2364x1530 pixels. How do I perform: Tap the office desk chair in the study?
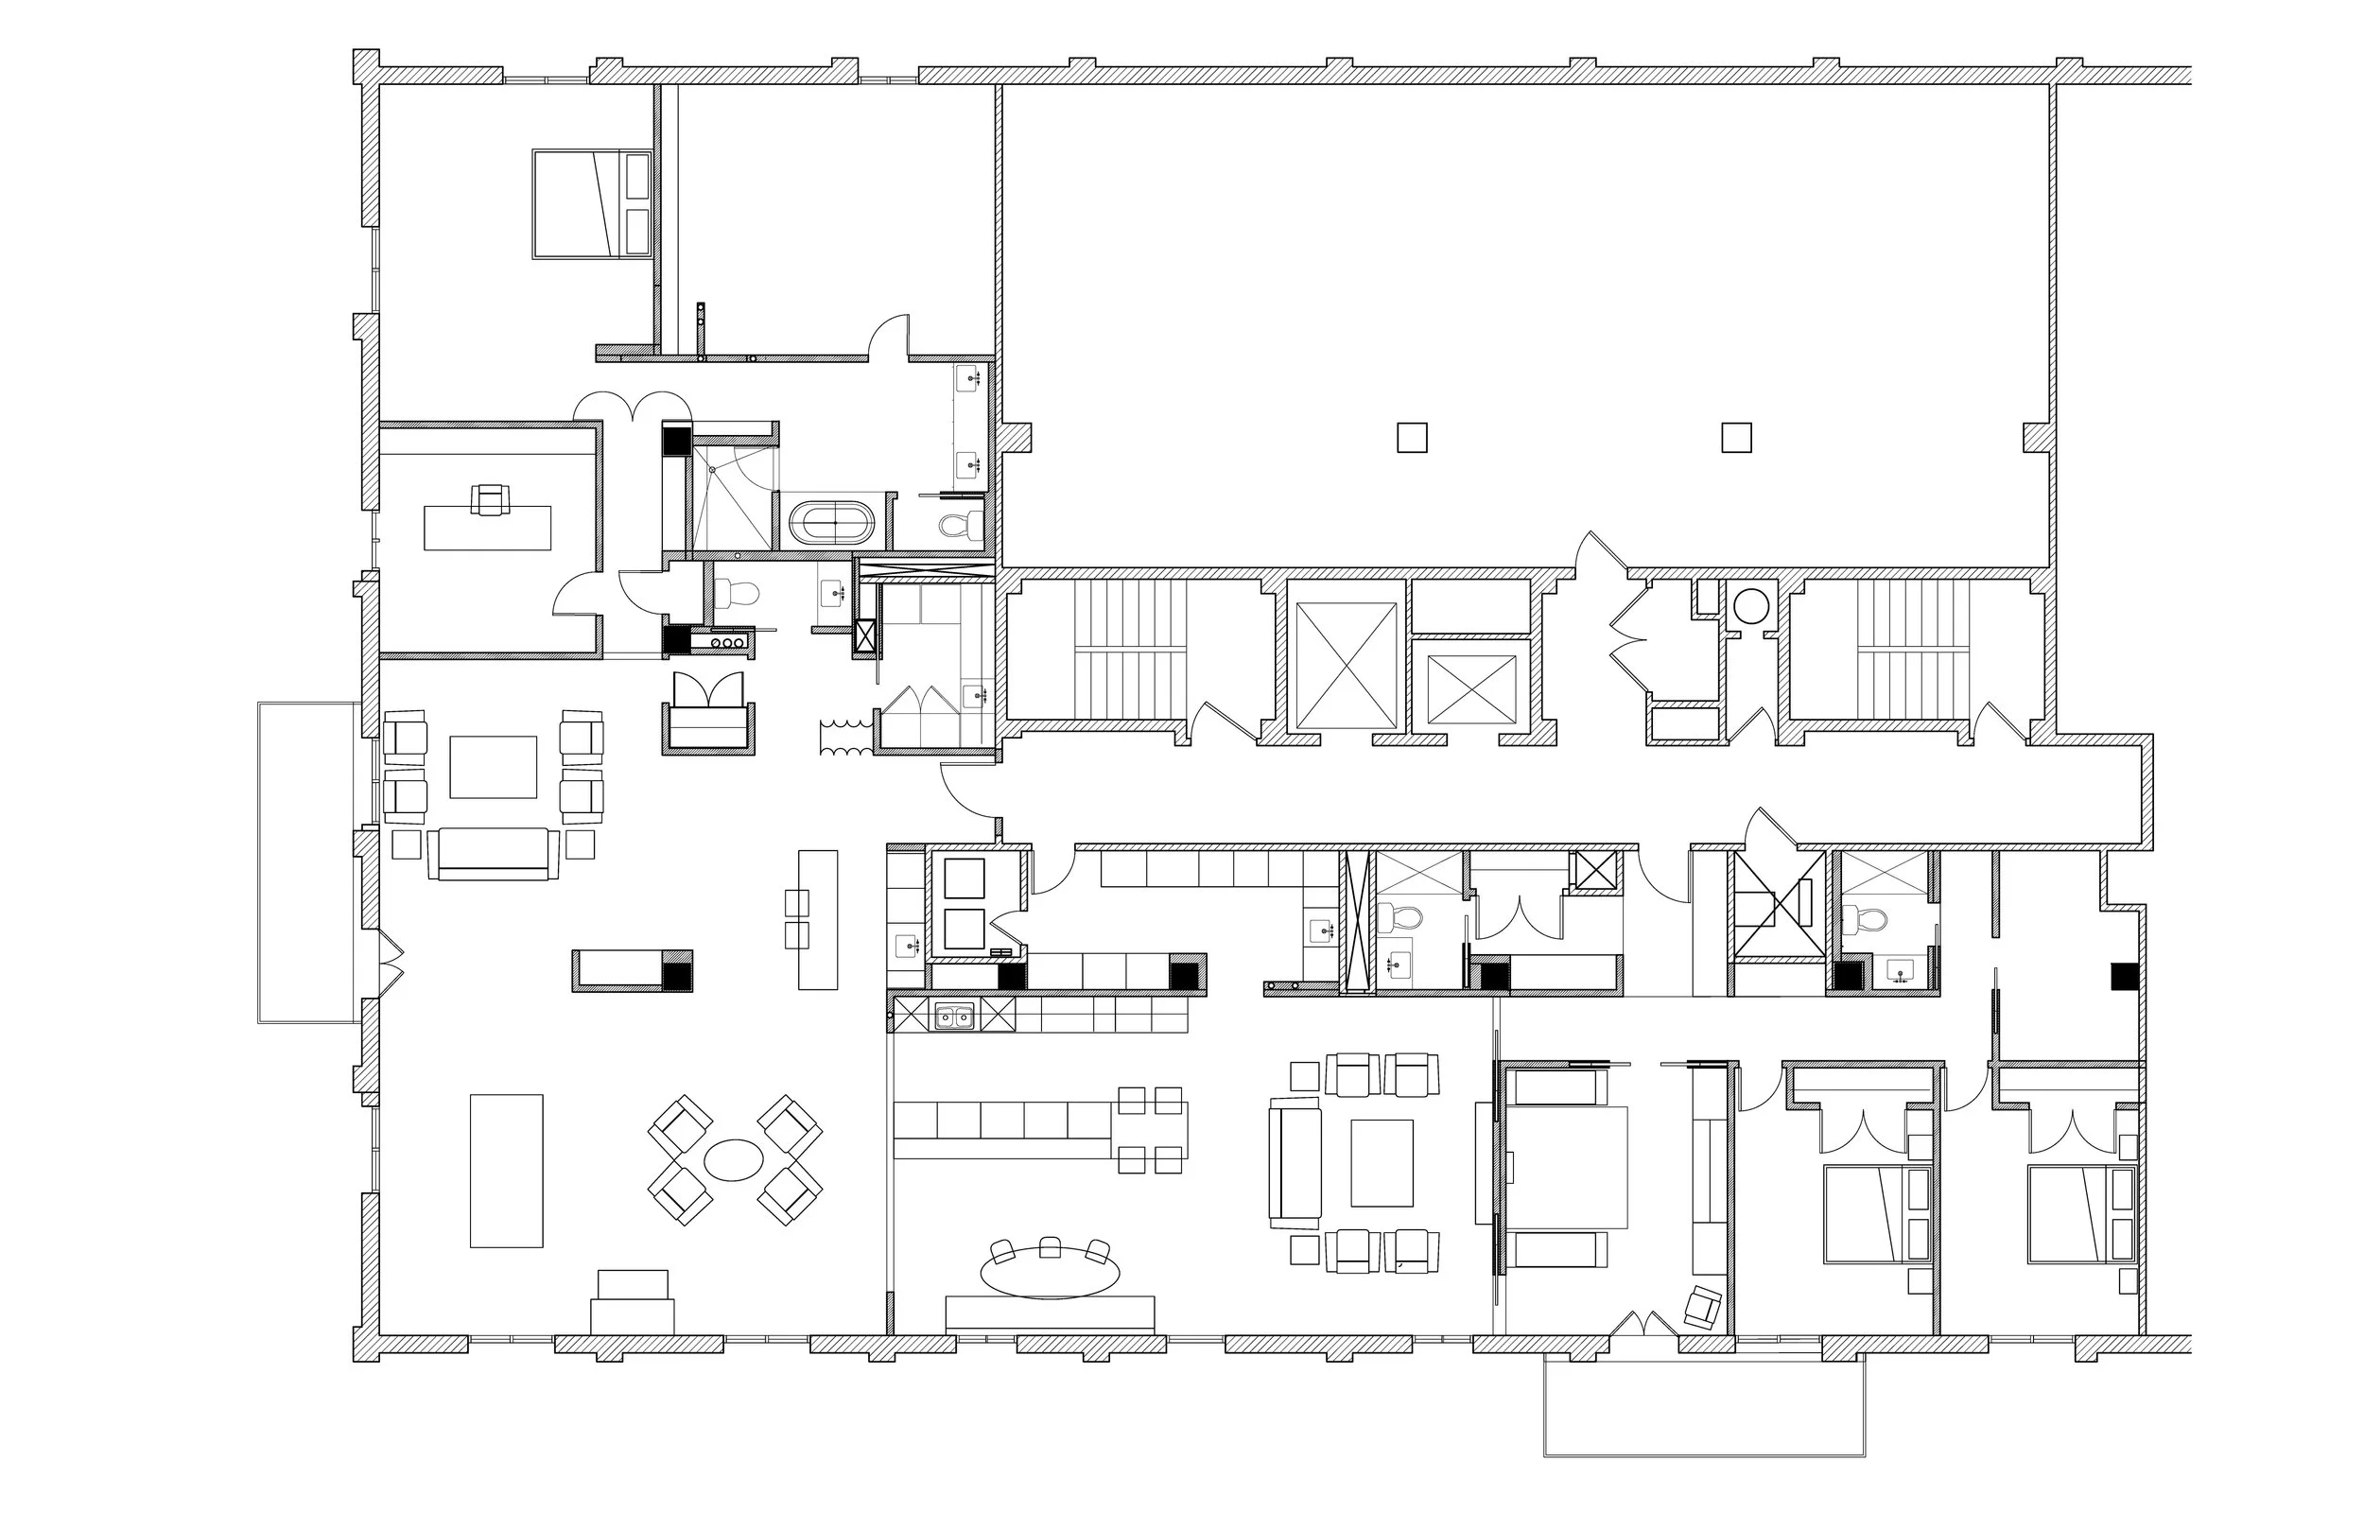tap(491, 498)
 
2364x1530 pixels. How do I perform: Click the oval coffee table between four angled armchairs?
tap(734, 1159)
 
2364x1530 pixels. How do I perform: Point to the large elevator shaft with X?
tap(1347, 666)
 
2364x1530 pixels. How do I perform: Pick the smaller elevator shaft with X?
tap(1470, 689)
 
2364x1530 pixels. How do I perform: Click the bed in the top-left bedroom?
tap(592, 204)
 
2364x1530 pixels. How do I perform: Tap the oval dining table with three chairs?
tap(1049, 1272)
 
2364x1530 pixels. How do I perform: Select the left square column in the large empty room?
tap(1412, 438)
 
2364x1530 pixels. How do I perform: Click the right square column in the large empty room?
tap(1736, 438)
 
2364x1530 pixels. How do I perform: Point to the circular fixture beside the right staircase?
tap(1751, 605)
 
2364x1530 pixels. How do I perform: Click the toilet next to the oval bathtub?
tap(960, 524)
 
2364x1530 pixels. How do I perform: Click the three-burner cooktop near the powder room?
tap(728, 643)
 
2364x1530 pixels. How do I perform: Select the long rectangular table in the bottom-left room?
tap(507, 1171)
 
